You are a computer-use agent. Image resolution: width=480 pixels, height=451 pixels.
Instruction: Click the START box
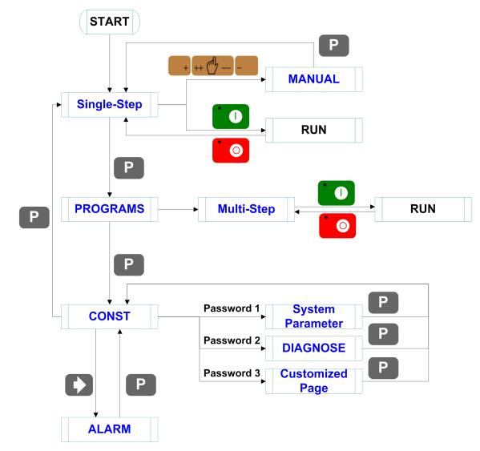coord(110,22)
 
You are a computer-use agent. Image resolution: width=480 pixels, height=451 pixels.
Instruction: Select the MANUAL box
coord(314,79)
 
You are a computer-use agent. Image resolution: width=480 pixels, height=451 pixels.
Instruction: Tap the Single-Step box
coord(110,105)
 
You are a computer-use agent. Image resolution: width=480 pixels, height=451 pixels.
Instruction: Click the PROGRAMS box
coord(110,209)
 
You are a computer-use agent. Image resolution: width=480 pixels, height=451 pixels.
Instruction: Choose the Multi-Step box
coord(247,209)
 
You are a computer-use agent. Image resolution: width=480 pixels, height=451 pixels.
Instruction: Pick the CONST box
coord(110,316)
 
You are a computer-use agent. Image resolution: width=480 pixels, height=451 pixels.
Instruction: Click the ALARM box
coord(110,429)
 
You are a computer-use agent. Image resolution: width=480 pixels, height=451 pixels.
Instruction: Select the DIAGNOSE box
coord(314,348)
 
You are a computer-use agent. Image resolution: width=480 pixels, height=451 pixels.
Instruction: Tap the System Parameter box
coord(314,316)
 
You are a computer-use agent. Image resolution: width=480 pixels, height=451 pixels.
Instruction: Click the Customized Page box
coord(314,381)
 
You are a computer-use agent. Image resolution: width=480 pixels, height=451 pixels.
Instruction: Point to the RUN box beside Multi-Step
coord(423,209)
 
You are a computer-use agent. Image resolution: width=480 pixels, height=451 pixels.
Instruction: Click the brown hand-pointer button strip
coord(213,66)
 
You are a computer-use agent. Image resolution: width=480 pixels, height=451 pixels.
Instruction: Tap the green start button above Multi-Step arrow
coord(337,193)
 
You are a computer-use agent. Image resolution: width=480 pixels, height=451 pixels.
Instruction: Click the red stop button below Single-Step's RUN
coord(231,151)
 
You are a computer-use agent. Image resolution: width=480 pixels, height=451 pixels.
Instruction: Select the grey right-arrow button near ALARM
coord(79,385)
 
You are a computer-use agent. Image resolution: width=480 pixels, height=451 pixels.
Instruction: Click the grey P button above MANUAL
coord(333,46)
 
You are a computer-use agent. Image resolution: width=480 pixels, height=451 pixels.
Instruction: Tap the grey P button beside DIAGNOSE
coord(383,334)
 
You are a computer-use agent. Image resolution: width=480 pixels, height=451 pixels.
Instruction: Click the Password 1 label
coord(232,308)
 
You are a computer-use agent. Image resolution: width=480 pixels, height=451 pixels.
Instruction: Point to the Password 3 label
coord(232,373)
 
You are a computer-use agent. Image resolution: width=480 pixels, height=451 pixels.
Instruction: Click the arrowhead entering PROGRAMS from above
coord(110,195)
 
